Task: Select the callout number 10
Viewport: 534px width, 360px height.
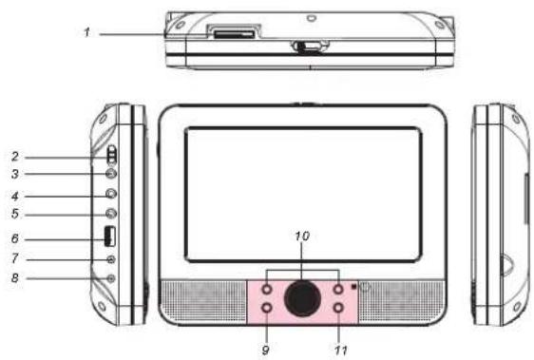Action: point(301,234)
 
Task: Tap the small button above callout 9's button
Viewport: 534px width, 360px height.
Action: point(267,288)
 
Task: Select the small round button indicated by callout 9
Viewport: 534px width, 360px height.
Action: point(267,309)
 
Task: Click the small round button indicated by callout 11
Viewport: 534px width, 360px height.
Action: point(338,309)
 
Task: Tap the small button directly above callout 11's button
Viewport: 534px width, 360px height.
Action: point(338,288)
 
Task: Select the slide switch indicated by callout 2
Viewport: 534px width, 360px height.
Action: point(109,156)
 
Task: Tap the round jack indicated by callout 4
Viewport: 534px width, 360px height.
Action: point(110,195)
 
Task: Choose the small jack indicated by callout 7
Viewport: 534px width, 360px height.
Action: point(111,259)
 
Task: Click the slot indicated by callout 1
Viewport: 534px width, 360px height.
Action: point(230,33)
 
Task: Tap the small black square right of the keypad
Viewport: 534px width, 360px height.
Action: point(353,284)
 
